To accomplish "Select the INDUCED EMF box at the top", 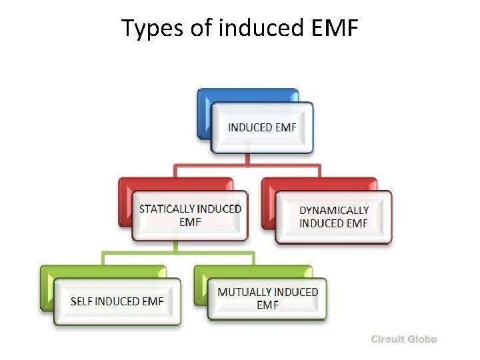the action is [262, 127].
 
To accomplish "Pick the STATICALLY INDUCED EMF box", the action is [190, 215].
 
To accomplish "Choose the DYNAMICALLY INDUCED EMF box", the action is [333, 217].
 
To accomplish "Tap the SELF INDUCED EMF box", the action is [117, 301].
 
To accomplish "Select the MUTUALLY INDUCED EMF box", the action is [267, 298].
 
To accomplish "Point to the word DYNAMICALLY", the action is [334, 210].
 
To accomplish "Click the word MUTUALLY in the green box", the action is [243, 292].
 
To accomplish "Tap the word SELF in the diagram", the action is [81, 301].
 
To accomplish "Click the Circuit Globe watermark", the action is [404, 339].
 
